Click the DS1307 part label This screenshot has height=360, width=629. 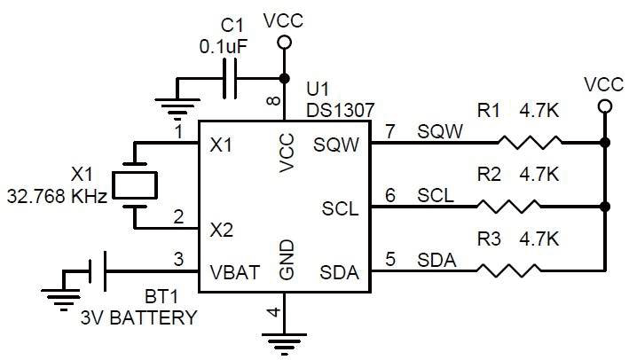click(338, 109)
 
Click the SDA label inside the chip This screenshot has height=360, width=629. click(341, 272)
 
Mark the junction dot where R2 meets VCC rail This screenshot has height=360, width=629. click(605, 207)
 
